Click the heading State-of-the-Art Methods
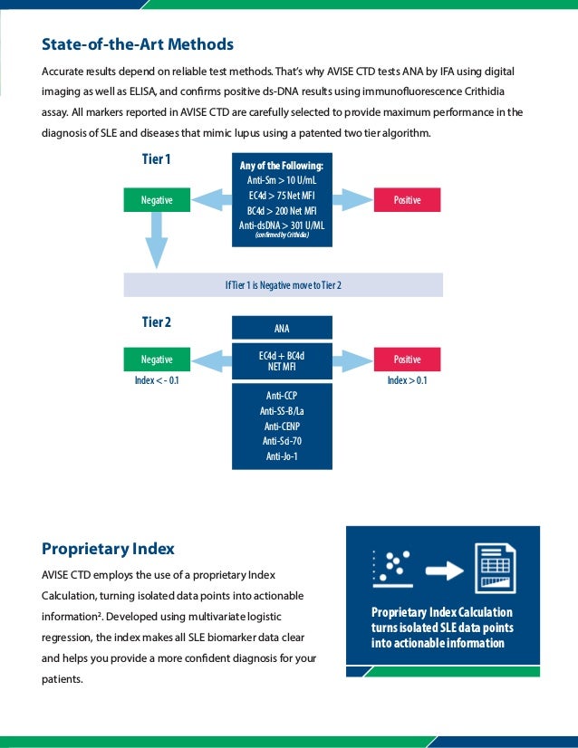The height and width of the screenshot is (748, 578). pos(138,44)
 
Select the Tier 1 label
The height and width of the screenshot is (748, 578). pos(156,160)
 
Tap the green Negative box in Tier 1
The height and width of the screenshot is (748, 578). pos(158,199)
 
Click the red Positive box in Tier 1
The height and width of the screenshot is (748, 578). pos(407,199)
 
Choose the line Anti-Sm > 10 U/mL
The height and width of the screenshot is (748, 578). pos(281,180)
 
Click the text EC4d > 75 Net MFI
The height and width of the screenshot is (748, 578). pos(281,195)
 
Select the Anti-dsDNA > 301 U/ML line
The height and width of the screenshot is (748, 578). pos(281,224)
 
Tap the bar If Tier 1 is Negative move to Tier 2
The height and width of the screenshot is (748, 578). pos(283,285)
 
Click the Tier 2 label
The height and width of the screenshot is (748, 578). pos(156,322)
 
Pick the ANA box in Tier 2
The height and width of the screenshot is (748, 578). pos(282,328)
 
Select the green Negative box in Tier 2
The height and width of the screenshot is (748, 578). pos(158,360)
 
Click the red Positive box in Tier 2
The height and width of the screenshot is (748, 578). pos(407,360)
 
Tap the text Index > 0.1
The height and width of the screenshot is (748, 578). pos(407,380)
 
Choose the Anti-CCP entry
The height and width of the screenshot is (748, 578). pos(282,396)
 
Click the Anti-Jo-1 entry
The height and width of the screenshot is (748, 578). pos(282,456)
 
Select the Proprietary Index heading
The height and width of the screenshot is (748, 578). pos(108,549)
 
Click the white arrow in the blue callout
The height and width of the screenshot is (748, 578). pos(443,570)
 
